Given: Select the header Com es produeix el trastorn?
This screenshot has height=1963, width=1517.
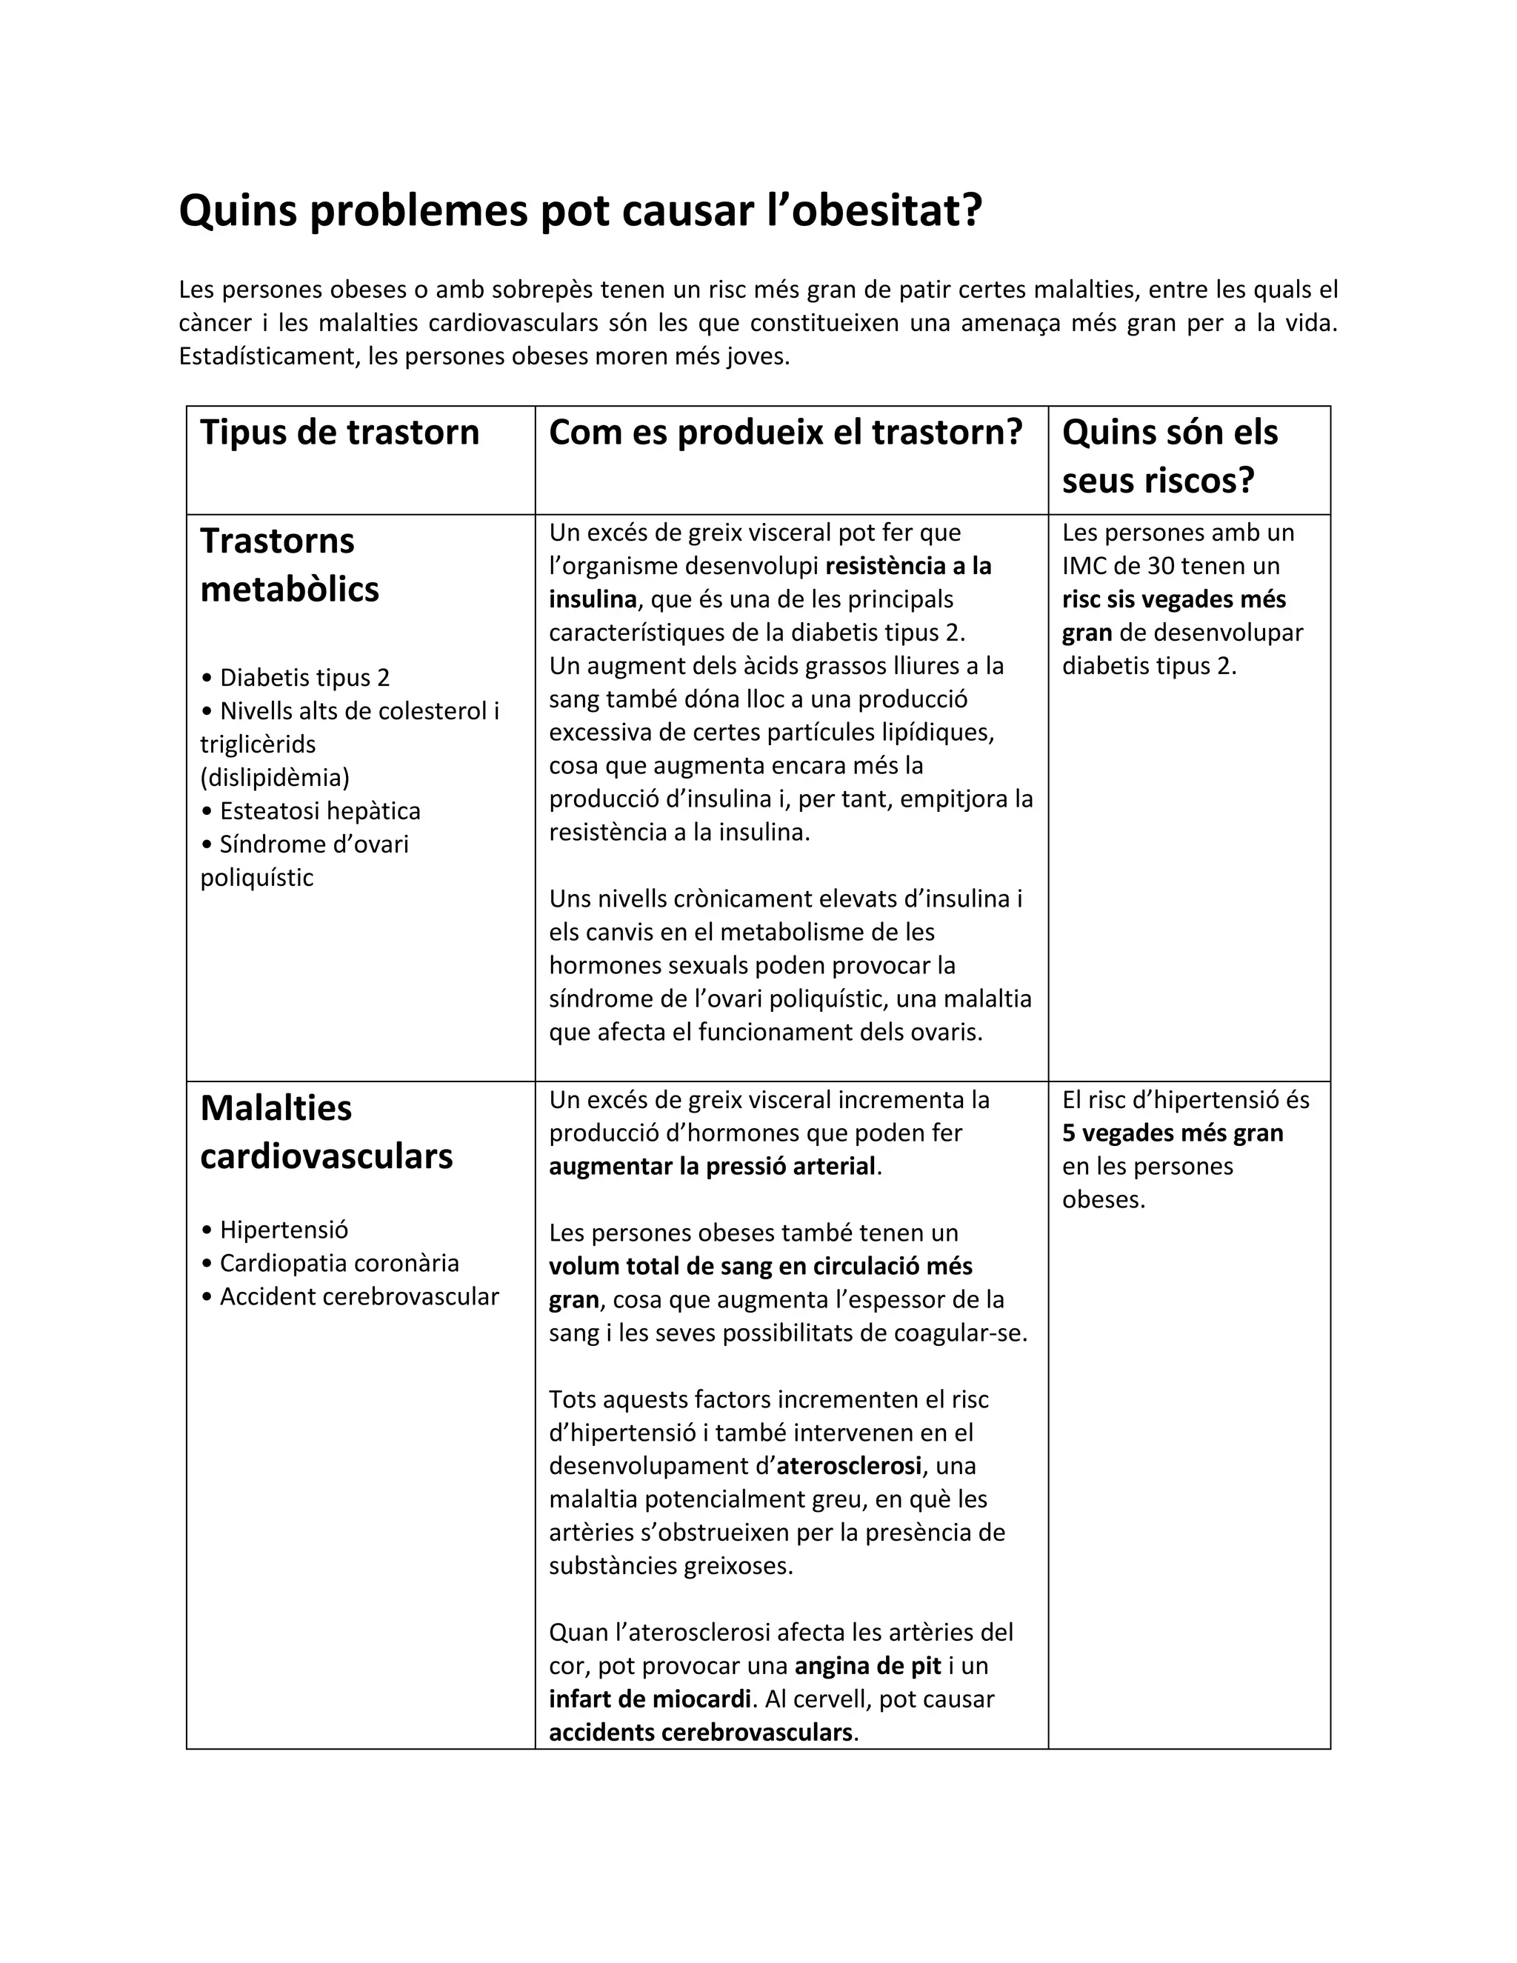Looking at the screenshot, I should [785, 433].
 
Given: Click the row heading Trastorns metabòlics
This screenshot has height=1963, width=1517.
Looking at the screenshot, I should [290, 564].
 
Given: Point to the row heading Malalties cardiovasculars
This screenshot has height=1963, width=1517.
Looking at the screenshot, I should [325, 1132].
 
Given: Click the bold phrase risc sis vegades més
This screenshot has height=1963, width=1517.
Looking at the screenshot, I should [1174, 599].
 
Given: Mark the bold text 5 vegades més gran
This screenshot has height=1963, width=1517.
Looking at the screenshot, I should [1172, 1133].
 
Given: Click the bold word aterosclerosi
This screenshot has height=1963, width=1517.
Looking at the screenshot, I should [848, 1466].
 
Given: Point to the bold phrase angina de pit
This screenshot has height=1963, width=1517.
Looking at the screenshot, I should [867, 1665].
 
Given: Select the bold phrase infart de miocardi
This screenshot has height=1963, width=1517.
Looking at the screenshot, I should [650, 1699].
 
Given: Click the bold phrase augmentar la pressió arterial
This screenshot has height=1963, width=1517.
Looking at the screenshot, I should [712, 1167].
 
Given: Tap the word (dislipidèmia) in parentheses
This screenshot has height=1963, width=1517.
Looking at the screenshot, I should [275, 778].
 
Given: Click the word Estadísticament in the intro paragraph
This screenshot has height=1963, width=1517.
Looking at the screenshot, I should [270, 357].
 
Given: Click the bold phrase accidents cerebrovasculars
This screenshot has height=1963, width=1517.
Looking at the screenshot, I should [700, 1732].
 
